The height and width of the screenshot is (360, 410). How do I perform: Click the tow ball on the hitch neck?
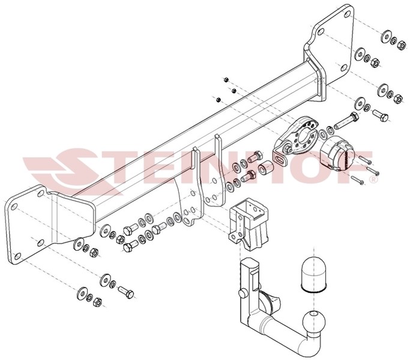pos(314,322)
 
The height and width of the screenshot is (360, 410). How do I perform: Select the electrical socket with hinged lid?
pos(337,154)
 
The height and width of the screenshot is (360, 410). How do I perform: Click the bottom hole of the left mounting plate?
pos(17,256)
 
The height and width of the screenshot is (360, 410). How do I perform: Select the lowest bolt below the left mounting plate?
pos(126,292)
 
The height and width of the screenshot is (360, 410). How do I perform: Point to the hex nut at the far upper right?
pos(401,45)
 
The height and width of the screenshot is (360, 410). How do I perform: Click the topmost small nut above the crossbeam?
pos(226,79)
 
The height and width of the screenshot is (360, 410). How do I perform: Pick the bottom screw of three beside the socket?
pos(357,180)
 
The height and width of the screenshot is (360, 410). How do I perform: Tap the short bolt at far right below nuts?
pos(380,115)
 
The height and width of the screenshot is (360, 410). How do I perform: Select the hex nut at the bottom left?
pos(97,302)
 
